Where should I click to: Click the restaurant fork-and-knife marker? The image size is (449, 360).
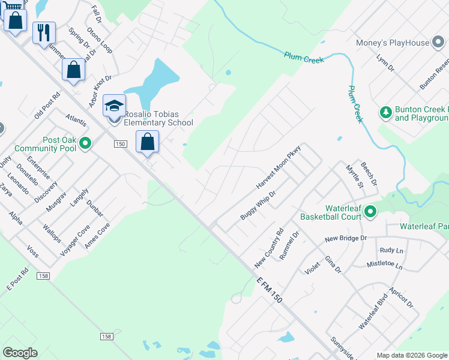(x=44, y=32)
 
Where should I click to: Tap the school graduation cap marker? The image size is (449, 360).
(x=114, y=106)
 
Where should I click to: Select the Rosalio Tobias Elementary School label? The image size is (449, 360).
(x=158, y=118)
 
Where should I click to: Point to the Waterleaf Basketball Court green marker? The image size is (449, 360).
(x=370, y=211)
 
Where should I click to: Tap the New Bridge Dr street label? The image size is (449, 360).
(x=345, y=238)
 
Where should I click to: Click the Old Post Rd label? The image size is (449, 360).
(x=47, y=106)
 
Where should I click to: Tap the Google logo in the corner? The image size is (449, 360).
(x=20, y=353)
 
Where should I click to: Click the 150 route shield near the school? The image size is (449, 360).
(x=120, y=144)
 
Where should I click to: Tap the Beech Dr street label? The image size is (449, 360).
(x=367, y=173)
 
